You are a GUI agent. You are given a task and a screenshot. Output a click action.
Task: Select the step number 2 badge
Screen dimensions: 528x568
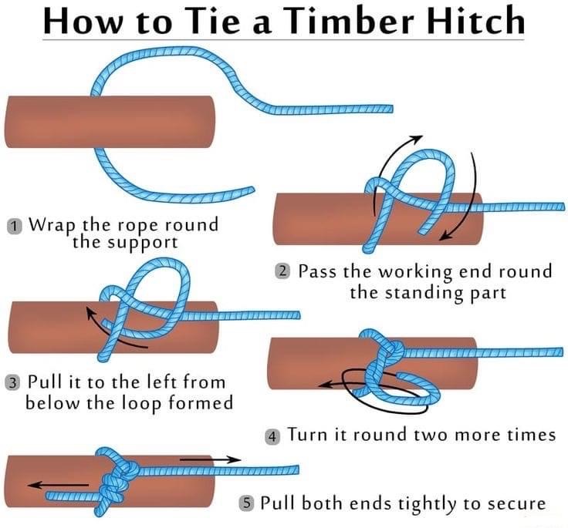click(283, 271)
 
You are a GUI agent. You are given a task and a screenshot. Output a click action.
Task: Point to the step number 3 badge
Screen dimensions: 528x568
click(13, 382)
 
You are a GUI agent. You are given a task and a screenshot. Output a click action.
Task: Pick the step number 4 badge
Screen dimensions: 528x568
click(272, 436)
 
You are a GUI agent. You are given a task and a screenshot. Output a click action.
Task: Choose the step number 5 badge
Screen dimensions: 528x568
click(245, 504)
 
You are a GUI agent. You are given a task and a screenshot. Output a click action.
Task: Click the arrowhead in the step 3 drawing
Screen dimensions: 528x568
click(90, 314)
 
